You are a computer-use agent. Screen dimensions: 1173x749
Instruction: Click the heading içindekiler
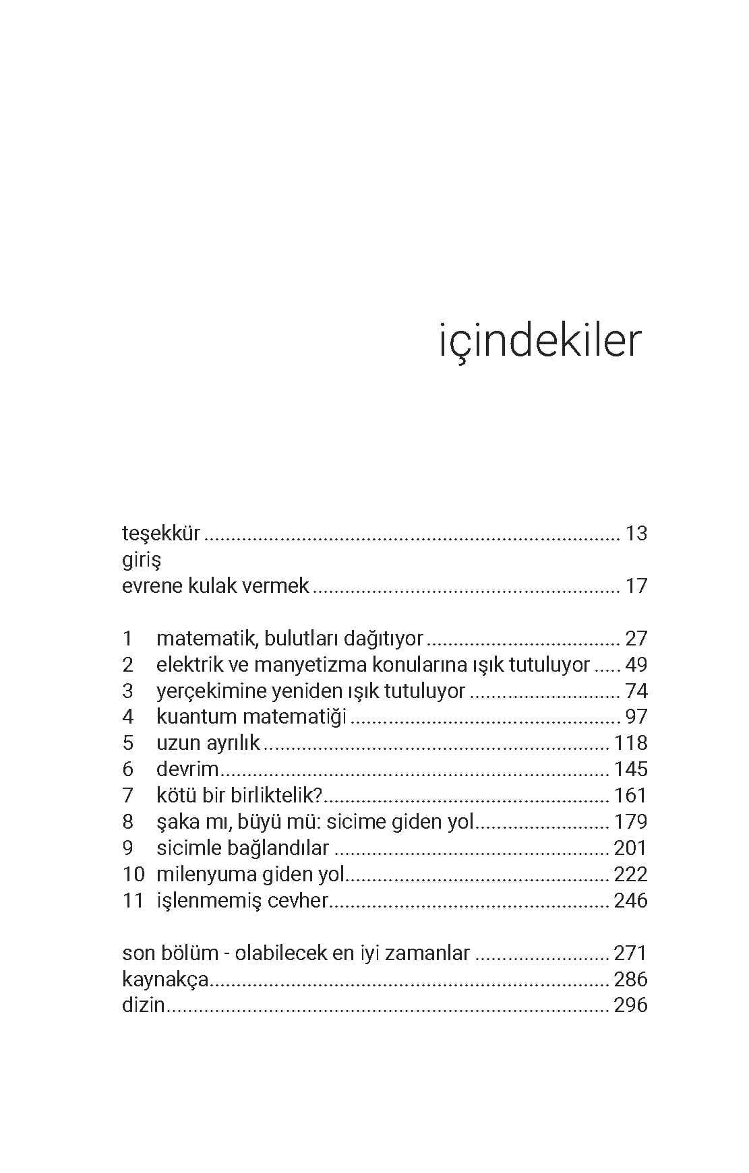tap(539, 342)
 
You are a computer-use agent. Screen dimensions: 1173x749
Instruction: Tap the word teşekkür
tap(161, 534)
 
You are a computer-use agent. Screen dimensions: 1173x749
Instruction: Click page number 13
tap(636, 534)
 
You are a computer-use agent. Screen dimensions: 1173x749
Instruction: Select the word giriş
tap(141, 560)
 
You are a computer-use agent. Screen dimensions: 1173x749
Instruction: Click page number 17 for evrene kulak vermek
tap(636, 586)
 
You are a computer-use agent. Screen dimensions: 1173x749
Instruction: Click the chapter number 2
tap(128, 665)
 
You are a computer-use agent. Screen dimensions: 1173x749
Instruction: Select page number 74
tap(636, 691)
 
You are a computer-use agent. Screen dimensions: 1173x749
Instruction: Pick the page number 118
tap(630, 743)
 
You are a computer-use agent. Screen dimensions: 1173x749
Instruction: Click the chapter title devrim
tap(187, 769)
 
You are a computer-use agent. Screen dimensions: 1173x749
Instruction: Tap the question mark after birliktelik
tap(320, 796)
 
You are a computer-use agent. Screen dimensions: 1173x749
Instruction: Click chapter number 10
tap(133, 875)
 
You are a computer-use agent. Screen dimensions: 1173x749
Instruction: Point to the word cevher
tap(297, 901)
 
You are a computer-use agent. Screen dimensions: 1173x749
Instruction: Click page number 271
tap(630, 953)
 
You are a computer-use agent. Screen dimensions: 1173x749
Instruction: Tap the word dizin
tap(144, 1005)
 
